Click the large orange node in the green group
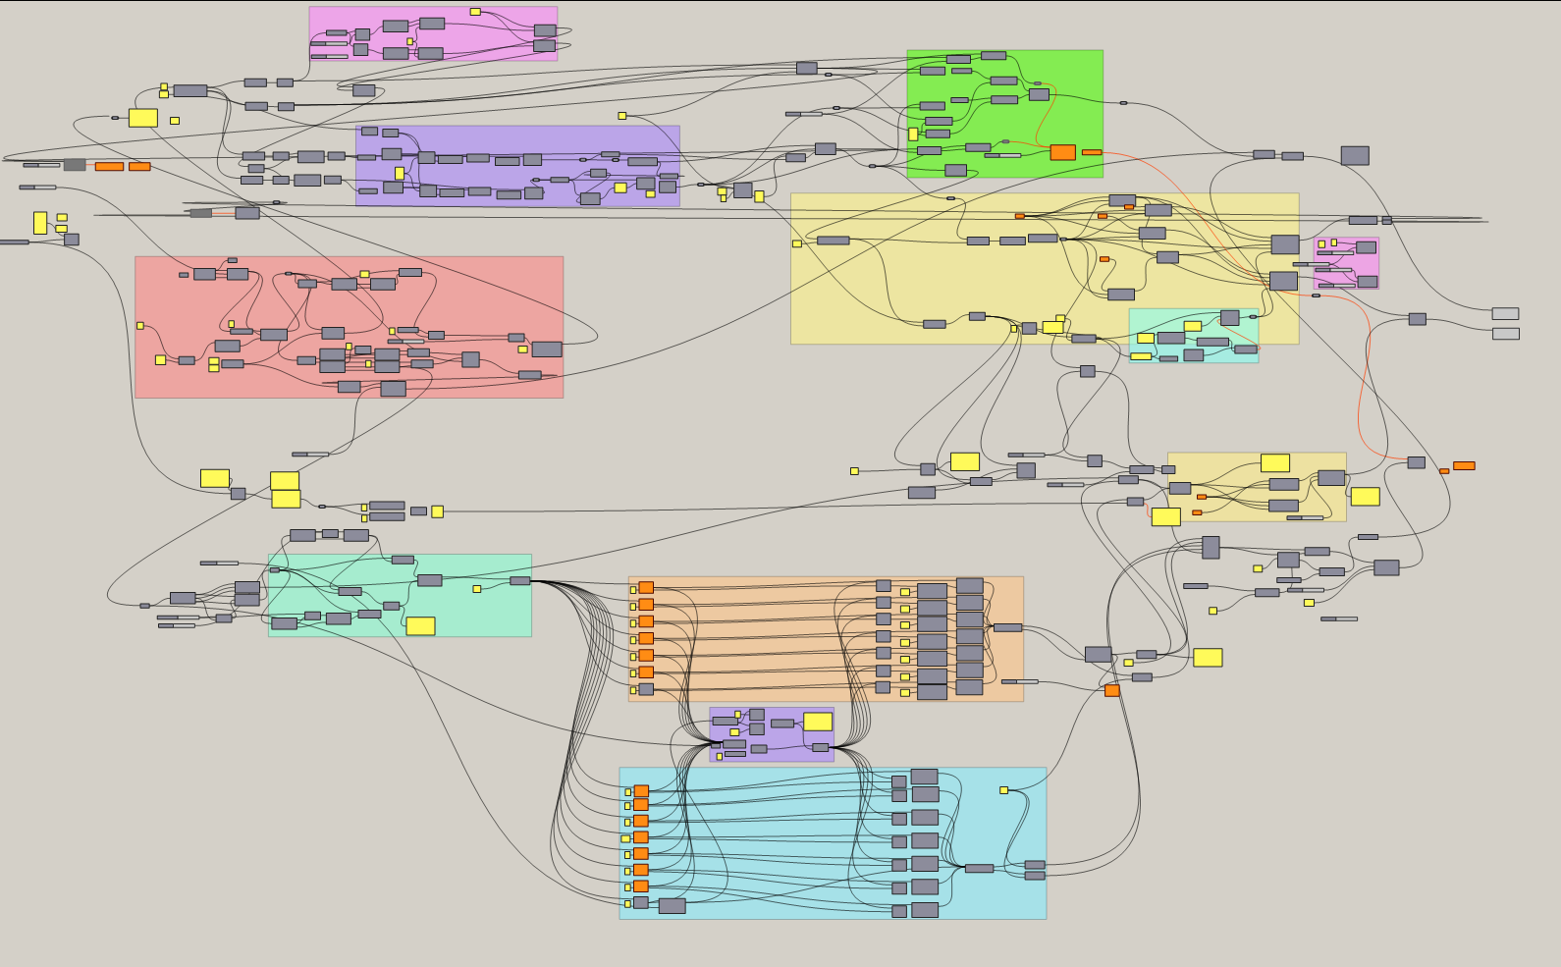coord(1062,152)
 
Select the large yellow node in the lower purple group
coord(818,722)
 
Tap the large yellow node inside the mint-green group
coord(420,626)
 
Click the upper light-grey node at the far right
coord(1505,314)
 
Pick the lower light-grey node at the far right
coord(1505,334)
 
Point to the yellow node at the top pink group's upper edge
coord(475,12)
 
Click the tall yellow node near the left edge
coord(40,223)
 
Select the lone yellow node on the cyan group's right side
coord(1003,790)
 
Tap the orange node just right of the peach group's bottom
coord(1112,691)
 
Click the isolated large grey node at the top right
coord(1355,155)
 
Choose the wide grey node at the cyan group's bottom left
coord(673,906)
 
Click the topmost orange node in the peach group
coord(646,588)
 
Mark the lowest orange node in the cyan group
coord(641,886)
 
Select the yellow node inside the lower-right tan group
coord(1275,463)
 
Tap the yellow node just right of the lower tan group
coord(1365,497)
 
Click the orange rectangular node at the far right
coord(1464,465)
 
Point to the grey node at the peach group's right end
coord(1007,627)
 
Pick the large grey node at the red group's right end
coord(547,349)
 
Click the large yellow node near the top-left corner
coord(143,118)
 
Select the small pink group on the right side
coord(1346,262)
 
